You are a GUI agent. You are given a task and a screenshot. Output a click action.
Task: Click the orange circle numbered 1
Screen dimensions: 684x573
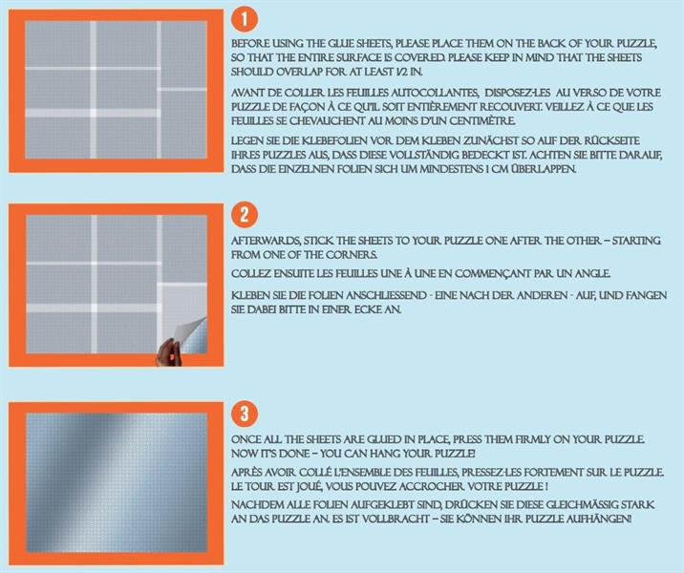pos(245,19)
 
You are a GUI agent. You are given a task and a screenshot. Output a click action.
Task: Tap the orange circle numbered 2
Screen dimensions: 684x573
pos(245,215)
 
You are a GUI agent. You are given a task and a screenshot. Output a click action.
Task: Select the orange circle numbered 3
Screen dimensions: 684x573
pos(245,414)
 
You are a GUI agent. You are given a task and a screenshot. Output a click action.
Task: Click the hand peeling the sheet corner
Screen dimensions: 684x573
pos(168,352)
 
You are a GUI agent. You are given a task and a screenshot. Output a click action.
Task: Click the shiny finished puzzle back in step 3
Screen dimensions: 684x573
pos(117,482)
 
